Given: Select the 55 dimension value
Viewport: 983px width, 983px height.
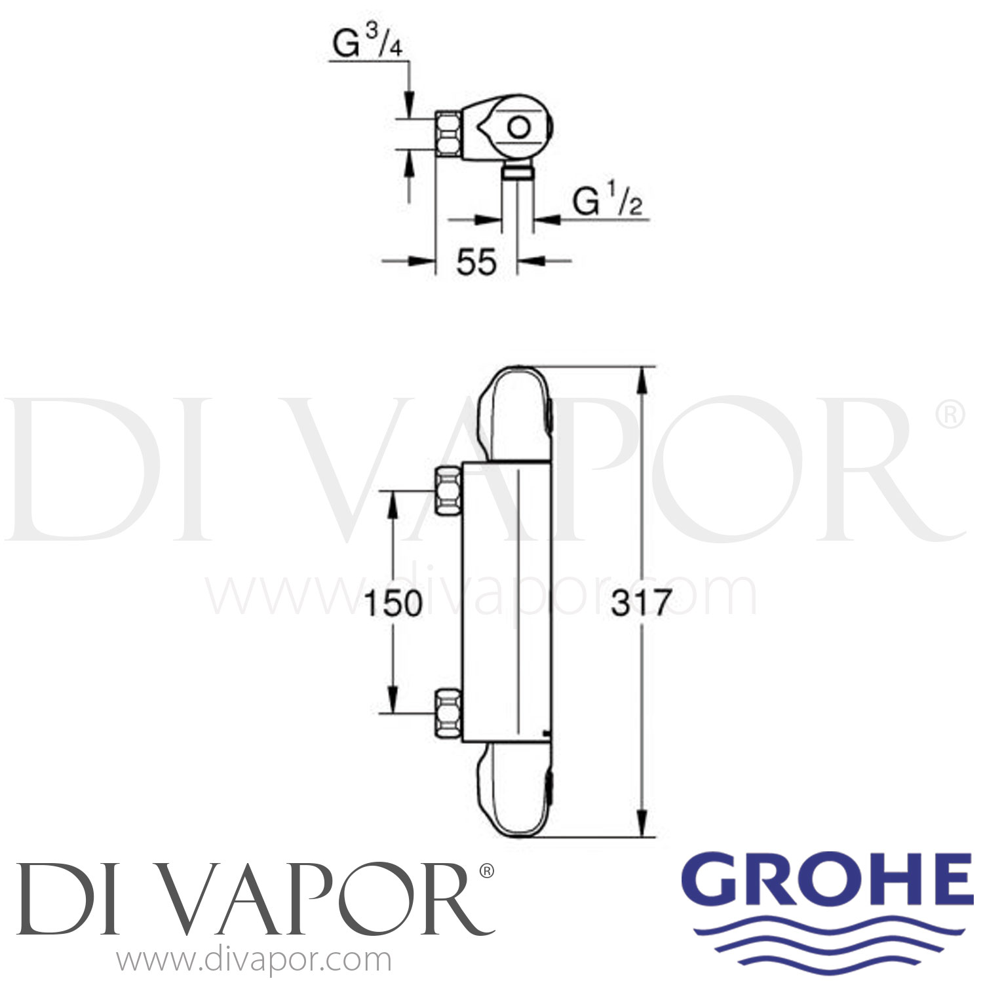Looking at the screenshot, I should click(476, 263).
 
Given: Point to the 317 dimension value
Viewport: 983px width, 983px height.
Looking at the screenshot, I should click(642, 604).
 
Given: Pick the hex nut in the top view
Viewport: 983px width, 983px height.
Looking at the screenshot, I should click(448, 134).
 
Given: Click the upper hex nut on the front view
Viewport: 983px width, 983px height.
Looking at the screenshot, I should click(450, 482).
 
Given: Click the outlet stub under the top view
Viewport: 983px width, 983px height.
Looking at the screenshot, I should click(518, 172).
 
